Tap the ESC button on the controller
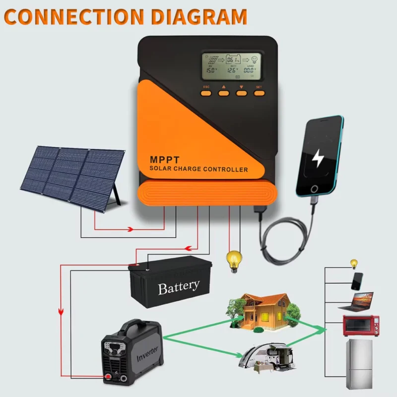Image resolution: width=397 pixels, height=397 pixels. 206,92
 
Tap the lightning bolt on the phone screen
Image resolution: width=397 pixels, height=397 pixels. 317,158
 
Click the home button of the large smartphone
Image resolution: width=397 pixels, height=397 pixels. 313,189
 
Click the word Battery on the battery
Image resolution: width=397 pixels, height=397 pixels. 179,287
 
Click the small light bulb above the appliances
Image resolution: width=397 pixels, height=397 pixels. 354,264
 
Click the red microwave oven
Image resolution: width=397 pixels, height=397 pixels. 361,326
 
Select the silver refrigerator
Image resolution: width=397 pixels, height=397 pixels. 360,365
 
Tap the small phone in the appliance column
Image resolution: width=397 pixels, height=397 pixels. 357,281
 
